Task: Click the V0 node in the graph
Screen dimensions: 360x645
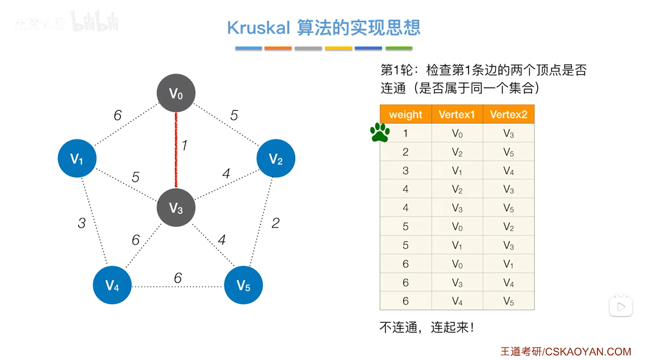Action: click(x=176, y=93)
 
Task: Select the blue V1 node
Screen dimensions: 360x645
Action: click(x=77, y=158)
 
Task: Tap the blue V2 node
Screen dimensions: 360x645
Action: click(x=276, y=158)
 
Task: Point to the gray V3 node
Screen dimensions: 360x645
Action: click(x=176, y=208)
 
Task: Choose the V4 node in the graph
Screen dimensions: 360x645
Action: click(x=112, y=285)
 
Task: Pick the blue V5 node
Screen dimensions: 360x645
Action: click(x=243, y=285)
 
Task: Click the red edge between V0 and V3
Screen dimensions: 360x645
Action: click(x=176, y=151)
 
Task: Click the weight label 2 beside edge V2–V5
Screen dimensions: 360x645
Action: click(x=275, y=223)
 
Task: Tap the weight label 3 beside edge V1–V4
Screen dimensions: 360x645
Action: click(x=82, y=223)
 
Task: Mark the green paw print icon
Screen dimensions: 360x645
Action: click(x=380, y=132)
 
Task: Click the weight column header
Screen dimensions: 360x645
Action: click(x=405, y=114)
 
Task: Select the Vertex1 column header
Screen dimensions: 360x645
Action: click(x=457, y=114)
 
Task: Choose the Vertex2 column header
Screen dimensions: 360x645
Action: click(x=509, y=114)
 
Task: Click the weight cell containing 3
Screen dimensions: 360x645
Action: click(x=405, y=170)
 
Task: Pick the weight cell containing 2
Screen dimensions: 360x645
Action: click(x=405, y=152)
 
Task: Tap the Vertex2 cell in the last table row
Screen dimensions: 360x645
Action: click(x=509, y=301)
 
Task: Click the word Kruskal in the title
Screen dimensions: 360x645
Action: click(x=259, y=28)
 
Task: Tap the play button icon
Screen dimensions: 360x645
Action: click(x=621, y=307)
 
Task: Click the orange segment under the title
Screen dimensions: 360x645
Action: click(x=278, y=48)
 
